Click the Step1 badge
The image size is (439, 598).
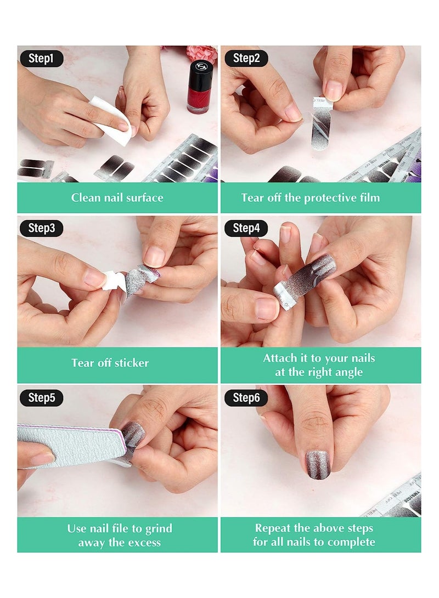(x=41, y=58)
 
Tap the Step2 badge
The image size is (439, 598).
(x=246, y=58)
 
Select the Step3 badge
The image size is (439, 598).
(x=41, y=228)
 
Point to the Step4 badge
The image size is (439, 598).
(x=246, y=228)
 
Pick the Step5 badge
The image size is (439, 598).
(x=41, y=398)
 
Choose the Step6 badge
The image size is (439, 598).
(x=246, y=398)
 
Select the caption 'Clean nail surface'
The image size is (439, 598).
(x=117, y=197)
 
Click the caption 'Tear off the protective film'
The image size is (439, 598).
(x=320, y=197)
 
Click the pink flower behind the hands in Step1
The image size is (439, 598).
(x=201, y=53)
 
